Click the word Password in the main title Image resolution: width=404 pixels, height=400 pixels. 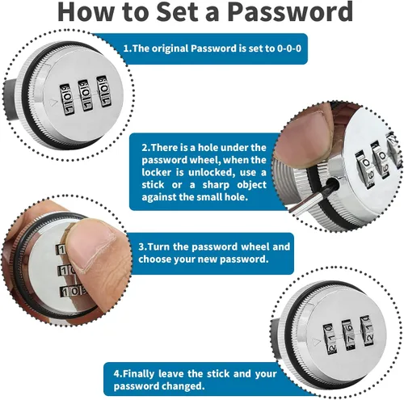coord(290,13)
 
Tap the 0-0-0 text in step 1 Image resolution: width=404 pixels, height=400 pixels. coord(289,48)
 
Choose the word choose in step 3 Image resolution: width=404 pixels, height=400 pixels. coord(155,259)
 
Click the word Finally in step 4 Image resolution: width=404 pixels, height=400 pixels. coord(138,374)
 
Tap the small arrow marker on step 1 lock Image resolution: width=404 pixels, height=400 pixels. coord(53,102)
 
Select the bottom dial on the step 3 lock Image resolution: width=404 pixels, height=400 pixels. coord(73,292)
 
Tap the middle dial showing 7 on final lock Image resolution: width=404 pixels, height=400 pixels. coord(349,335)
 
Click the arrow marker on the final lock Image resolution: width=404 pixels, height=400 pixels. coord(316,343)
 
